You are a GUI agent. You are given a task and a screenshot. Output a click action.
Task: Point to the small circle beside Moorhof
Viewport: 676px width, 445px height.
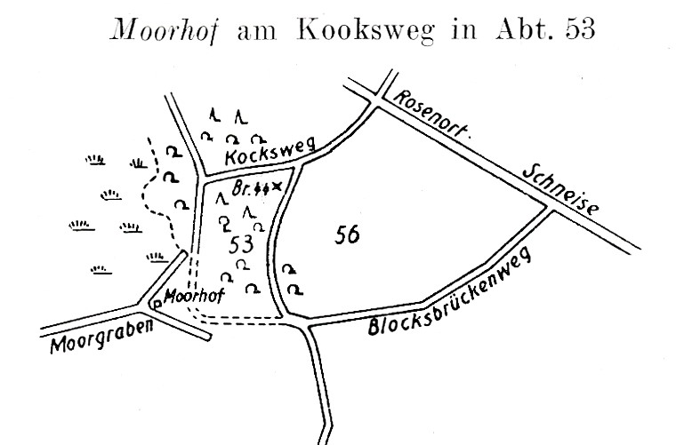pos(157,304)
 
